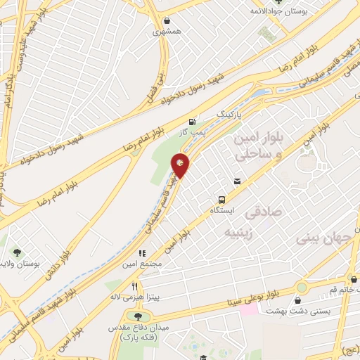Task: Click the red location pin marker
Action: point(181,165)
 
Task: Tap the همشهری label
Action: point(166,32)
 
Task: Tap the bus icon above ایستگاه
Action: point(222,198)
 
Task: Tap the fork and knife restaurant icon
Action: point(135,285)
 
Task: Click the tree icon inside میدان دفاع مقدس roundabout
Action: point(137,316)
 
